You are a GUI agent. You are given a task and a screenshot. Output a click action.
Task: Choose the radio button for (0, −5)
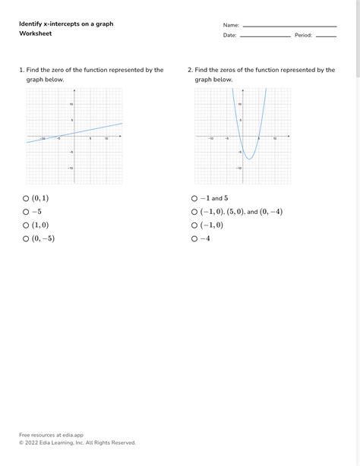coord(26,238)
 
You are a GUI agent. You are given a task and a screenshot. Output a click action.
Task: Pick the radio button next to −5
coord(26,212)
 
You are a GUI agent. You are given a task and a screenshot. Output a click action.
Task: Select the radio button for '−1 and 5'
coord(194,198)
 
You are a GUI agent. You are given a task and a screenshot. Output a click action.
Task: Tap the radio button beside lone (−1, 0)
coord(194,225)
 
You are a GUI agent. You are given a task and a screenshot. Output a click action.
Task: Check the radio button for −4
coord(194,238)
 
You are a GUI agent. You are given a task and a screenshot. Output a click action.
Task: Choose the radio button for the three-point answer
coord(194,212)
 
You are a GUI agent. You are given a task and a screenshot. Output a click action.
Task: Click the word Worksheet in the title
coord(35,33)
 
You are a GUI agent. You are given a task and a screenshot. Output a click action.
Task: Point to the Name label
coord(231,25)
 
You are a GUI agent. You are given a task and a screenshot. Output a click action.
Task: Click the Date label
coord(229,35)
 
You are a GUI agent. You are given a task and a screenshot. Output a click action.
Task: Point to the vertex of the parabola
coord(249,159)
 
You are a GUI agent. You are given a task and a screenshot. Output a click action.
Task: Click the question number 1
coord(21,70)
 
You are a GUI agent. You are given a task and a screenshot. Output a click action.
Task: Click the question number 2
coord(190,70)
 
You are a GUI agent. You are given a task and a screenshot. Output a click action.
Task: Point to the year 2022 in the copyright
coord(33,442)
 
